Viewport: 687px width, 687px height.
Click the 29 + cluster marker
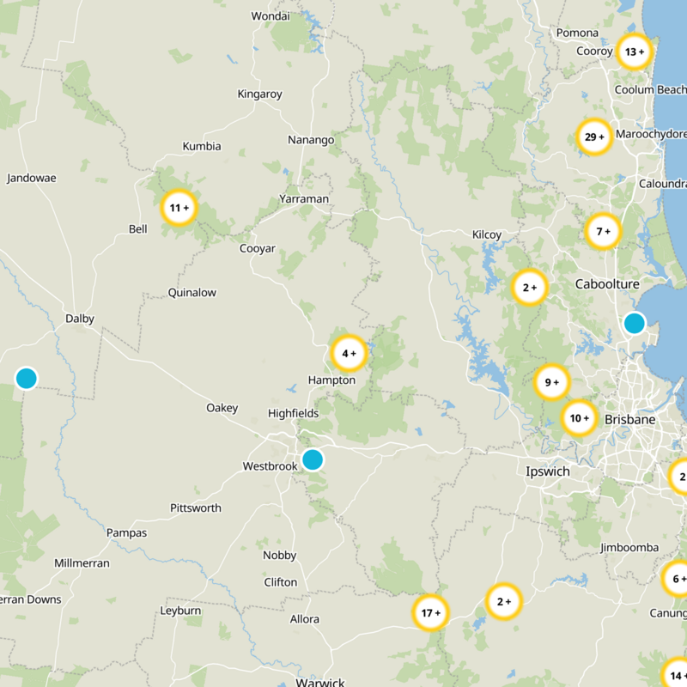(593, 137)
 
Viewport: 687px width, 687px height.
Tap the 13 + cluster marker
(634, 52)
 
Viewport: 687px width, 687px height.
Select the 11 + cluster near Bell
(179, 208)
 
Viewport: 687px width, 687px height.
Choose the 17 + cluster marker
(430, 613)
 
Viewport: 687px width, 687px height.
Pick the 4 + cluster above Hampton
(349, 353)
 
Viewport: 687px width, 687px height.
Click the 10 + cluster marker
(579, 418)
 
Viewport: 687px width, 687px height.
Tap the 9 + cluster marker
(551, 382)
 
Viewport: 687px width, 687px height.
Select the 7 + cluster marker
(602, 230)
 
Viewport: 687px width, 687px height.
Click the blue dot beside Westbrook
(313, 459)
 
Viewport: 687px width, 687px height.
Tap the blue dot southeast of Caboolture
(634, 323)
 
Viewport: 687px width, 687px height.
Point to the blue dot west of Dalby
(26, 378)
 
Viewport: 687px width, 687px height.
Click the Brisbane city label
(629, 420)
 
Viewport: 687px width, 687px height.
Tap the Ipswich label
(548, 471)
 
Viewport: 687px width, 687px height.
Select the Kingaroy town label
(259, 94)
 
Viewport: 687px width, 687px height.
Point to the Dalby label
(80, 319)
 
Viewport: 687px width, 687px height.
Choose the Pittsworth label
(195, 508)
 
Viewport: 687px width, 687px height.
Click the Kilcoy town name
(487, 234)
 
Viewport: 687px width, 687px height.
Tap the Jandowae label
(32, 179)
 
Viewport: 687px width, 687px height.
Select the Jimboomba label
(629, 548)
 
